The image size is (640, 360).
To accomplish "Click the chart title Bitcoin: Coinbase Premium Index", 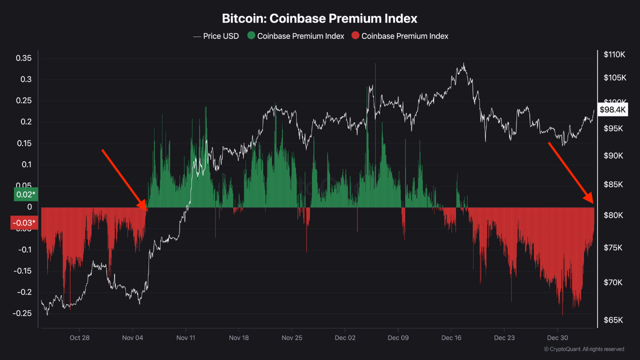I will (319, 18).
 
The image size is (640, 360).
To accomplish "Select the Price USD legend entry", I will (216, 36).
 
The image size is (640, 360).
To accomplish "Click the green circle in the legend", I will (251, 36).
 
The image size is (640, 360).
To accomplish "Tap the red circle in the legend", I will (355, 36).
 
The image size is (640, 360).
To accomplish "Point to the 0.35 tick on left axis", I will (23, 58).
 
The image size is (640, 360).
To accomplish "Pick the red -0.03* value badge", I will (23, 222).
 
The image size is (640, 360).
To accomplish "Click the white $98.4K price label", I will (612, 109).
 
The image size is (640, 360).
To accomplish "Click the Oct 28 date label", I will (79, 337).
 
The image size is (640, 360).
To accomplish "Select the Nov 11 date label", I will (185, 337).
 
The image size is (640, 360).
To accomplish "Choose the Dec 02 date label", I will (345, 337).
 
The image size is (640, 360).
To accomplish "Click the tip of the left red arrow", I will (146, 210).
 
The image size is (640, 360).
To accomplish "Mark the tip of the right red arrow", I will (593, 203).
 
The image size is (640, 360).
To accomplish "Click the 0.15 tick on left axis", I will (23, 143).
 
